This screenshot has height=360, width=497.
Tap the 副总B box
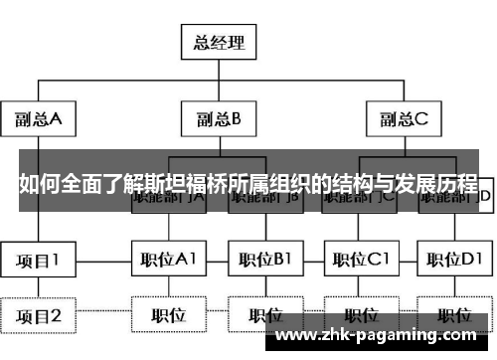tap(216, 120)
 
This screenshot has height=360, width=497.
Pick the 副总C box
tap(404, 120)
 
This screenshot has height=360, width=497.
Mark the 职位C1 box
tap(360, 261)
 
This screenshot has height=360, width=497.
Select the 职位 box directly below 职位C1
tap(360, 317)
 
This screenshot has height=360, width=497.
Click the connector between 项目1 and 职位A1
tap(104, 261)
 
